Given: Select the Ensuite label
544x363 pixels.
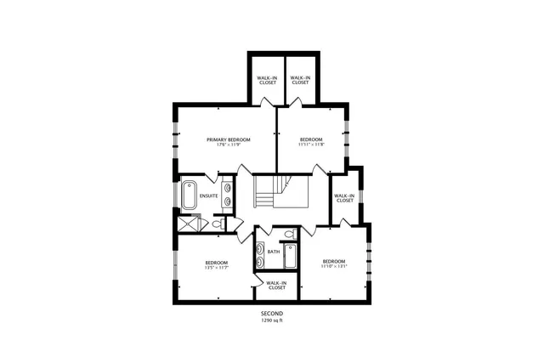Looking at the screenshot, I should pos(208,196).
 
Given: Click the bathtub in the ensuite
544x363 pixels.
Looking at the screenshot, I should pos(189,194).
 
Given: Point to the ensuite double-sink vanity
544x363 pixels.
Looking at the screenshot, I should pos(228,194).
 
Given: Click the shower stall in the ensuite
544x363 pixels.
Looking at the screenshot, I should pos(188,223).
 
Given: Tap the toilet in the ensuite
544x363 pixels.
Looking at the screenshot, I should pos(218,224).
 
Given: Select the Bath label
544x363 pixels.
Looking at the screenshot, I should pos(273,252).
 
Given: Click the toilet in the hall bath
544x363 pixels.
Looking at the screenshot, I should pos(289,233).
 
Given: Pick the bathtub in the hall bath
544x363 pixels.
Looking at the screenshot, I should pos(290,256).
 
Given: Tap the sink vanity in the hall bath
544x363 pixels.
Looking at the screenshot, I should pos(259,252).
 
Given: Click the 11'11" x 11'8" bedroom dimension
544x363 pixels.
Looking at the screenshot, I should pos(311,145).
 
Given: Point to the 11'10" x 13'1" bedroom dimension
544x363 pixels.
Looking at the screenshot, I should pos(333,266).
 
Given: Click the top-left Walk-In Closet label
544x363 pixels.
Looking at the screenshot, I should pos(267,81).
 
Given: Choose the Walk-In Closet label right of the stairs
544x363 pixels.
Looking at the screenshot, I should pos(343,198).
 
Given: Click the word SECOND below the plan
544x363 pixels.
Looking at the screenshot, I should pos(271,315).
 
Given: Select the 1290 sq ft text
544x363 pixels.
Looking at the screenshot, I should pos(271,321).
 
